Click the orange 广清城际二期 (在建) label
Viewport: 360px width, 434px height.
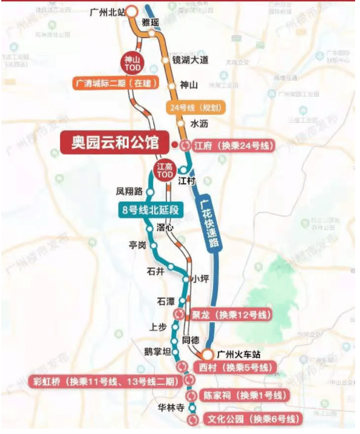pyautogui.click(x=116, y=83)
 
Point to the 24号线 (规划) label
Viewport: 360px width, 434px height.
pyautogui.click(x=195, y=109)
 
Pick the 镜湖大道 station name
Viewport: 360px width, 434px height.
pyautogui.click(x=191, y=60)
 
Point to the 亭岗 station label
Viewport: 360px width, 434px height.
pyautogui.click(x=138, y=245)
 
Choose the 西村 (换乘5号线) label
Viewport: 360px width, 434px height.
pyautogui.click(x=234, y=368)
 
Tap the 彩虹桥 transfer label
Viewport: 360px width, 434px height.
pyautogui.click(x=103, y=382)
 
